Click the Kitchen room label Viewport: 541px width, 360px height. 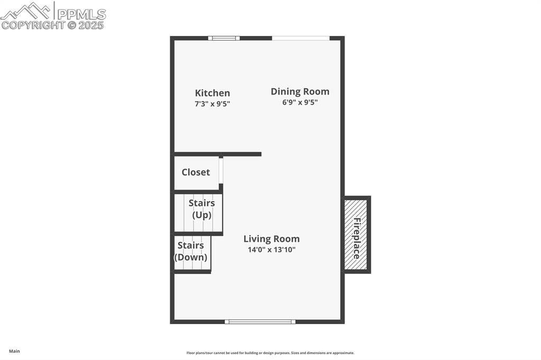[x=212, y=93]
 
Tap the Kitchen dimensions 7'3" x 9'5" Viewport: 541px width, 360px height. [x=212, y=104]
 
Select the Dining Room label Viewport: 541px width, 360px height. [x=300, y=91]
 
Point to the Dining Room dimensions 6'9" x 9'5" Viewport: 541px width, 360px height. [x=300, y=102]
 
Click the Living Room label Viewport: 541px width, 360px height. [x=272, y=239]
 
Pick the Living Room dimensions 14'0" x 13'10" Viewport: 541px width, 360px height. [x=272, y=250]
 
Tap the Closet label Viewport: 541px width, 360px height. [x=195, y=172]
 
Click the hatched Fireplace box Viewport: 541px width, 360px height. [x=357, y=235]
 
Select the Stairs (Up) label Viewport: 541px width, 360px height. [x=201, y=209]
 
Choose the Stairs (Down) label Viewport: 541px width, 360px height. [x=191, y=251]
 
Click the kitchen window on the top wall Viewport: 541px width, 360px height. [x=223, y=38]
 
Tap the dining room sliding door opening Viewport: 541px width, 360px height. [x=301, y=38]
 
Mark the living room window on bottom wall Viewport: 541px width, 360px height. [x=260, y=321]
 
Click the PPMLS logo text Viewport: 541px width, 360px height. [x=81, y=14]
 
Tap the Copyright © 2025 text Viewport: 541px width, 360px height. [x=53, y=25]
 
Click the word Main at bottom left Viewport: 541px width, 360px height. [x=14, y=351]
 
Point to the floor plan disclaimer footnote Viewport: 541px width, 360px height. [x=270, y=353]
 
